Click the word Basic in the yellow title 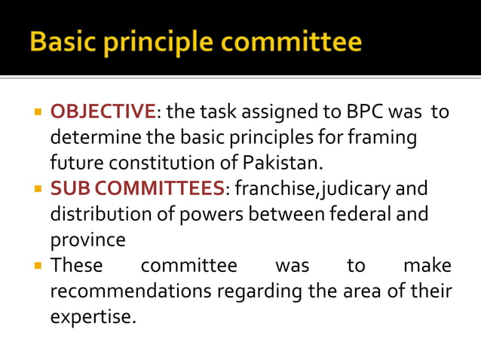(65, 41)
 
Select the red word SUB (66, 188)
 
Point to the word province (87, 239)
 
